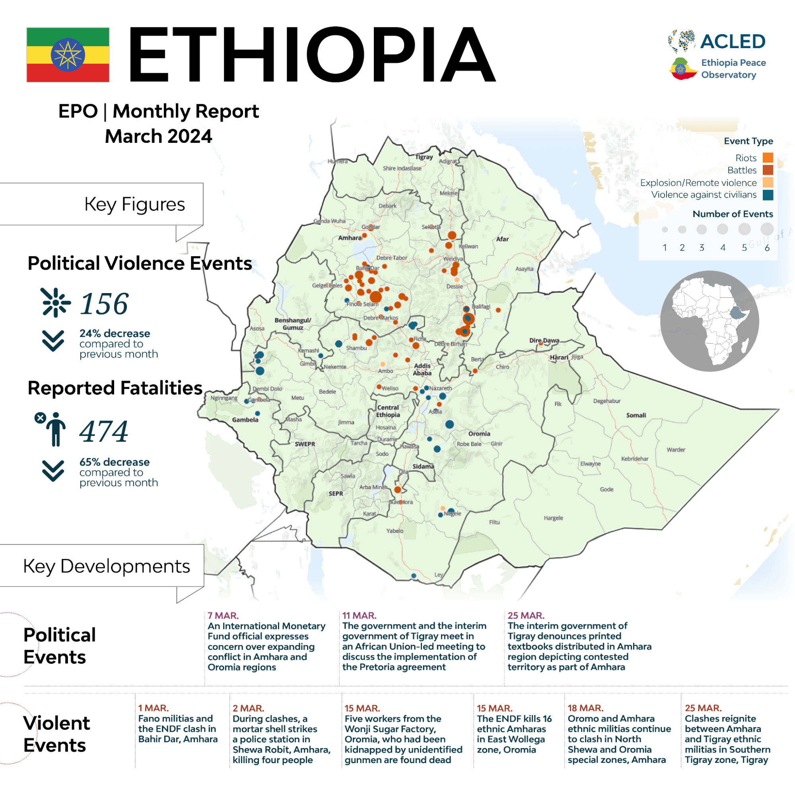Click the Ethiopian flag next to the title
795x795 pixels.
click(68, 55)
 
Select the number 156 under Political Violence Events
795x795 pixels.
click(104, 304)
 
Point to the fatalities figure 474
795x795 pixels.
click(104, 431)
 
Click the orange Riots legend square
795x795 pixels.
click(768, 157)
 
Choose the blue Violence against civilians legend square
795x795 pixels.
click(768, 194)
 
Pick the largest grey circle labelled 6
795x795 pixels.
click(767, 229)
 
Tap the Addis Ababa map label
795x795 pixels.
click(422, 369)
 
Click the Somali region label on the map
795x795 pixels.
click(636, 415)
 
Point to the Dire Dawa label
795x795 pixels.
click(544, 340)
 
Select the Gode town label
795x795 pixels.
click(606, 489)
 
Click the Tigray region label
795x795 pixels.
click(424, 157)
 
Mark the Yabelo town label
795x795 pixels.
click(395, 531)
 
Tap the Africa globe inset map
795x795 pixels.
click(709, 321)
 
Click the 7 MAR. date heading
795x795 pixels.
click(223, 616)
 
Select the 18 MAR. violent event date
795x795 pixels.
click(585, 708)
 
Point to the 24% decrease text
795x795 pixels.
click(115, 333)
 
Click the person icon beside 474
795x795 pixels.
click(56, 429)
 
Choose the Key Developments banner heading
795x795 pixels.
click(107, 566)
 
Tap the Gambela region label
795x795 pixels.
click(245, 420)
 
